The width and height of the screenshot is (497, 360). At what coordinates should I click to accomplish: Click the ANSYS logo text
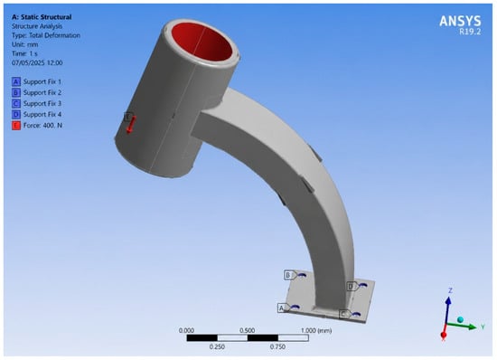460,21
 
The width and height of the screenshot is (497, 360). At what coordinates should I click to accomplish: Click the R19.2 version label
470,32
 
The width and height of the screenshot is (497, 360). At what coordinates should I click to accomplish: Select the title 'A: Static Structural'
42,17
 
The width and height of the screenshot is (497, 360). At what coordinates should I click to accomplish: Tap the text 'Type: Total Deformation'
46,35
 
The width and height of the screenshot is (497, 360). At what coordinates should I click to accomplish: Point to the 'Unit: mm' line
25,44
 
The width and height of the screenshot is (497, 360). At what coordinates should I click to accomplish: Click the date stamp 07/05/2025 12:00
37,62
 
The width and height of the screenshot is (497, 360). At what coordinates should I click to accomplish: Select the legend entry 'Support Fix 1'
42,81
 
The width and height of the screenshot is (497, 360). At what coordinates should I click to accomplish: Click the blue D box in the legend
16,114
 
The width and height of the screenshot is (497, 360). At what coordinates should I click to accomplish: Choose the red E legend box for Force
16,126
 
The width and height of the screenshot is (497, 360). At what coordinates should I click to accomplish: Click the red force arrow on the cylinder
131,124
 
